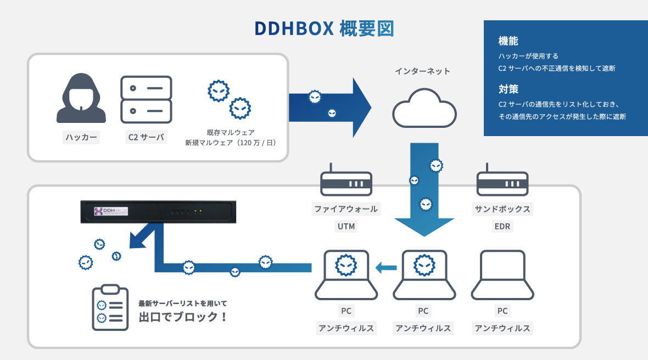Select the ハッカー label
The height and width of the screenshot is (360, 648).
point(81,137)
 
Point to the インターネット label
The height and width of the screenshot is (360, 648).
point(423,71)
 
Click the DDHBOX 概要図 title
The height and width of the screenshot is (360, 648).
point(324,29)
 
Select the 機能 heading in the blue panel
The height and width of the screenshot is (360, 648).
point(508,41)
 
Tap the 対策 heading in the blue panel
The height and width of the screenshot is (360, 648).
point(508,89)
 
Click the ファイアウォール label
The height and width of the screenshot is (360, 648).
point(346,209)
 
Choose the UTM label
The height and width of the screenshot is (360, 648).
point(346,226)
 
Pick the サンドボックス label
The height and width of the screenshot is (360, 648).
point(502,209)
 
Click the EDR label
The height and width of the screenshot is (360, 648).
point(502,226)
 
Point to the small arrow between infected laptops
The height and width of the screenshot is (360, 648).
point(386,268)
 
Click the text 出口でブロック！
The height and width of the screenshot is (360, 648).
point(183,317)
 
